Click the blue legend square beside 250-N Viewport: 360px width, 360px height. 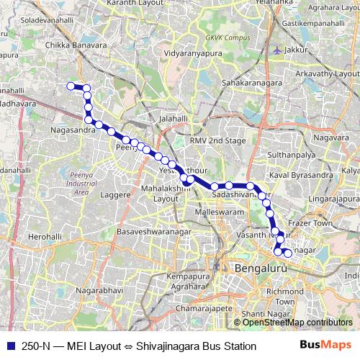(10, 346)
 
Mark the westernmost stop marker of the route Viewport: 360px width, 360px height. (71, 86)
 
